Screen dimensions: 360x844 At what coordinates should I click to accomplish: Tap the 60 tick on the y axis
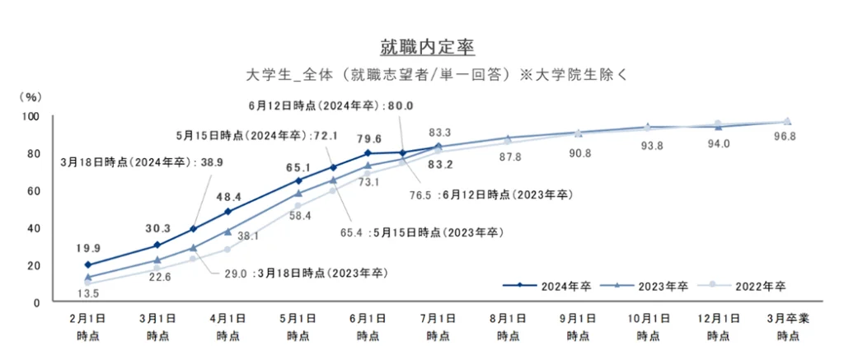click(x=33, y=190)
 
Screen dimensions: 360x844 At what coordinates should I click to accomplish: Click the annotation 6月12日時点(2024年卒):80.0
click(x=331, y=106)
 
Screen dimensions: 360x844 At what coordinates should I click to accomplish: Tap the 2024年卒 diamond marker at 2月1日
click(x=88, y=264)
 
